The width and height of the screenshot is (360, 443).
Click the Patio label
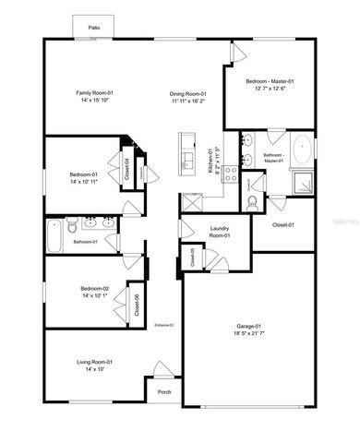pyautogui.click(x=93, y=29)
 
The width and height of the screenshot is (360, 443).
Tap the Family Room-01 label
pyautogui.click(x=93, y=93)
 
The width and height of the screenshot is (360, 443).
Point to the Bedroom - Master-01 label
pyautogui.click(x=270, y=82)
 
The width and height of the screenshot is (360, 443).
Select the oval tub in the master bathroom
pyautogui.click(x=302, y=150)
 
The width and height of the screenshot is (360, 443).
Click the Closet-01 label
pyautogui.click(x=282, y=224)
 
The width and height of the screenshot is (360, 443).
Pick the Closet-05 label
pyautogui.click(x=192, y=257)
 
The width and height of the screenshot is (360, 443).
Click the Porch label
pyautogui.click(x=164, y=392)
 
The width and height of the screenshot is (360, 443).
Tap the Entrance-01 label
pyautogui.click(x=164, y=325)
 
